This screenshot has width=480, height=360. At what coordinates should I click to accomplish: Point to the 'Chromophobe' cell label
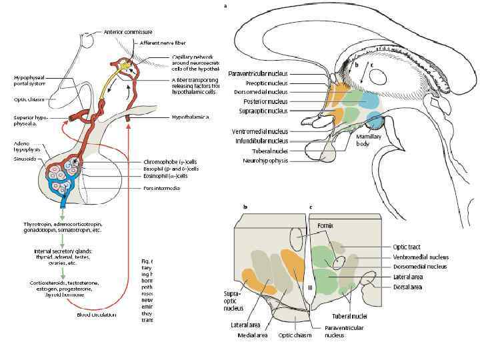(171, 162)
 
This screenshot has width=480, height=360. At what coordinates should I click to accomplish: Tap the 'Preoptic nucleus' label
(266, 83)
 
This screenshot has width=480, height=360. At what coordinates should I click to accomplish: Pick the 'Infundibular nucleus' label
(261, 141)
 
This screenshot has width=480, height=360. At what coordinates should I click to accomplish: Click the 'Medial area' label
(253, 335)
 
